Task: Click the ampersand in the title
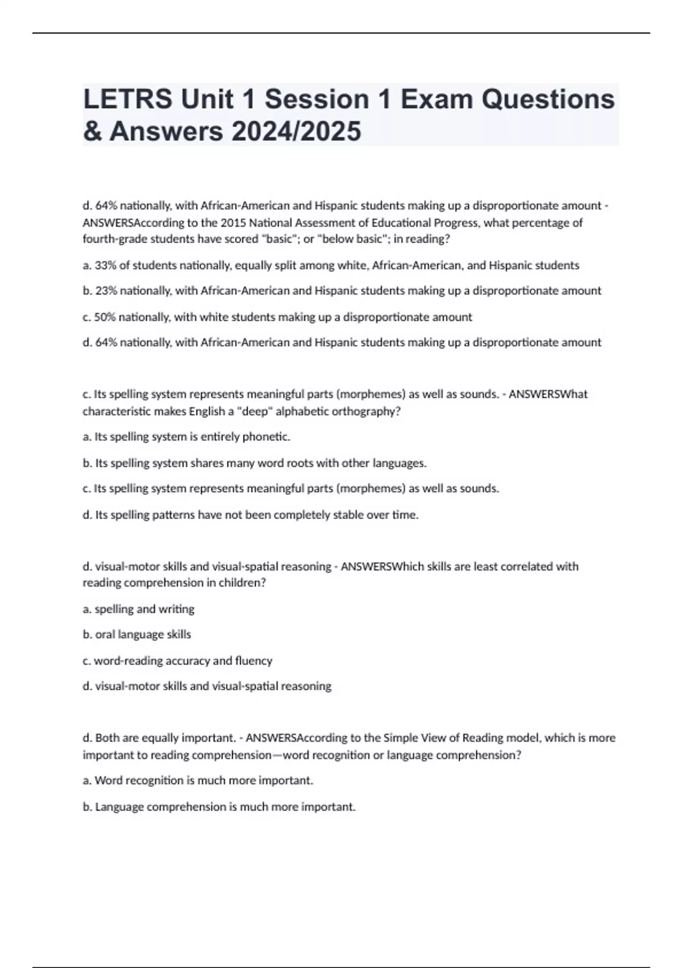click(x=92, y=131)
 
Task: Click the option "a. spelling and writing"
click(x=138, y=609)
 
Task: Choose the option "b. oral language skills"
click(x=137, y=634)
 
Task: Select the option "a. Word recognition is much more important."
click(x=198, y=780)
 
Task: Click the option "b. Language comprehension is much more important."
click(x=219, y=807)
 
